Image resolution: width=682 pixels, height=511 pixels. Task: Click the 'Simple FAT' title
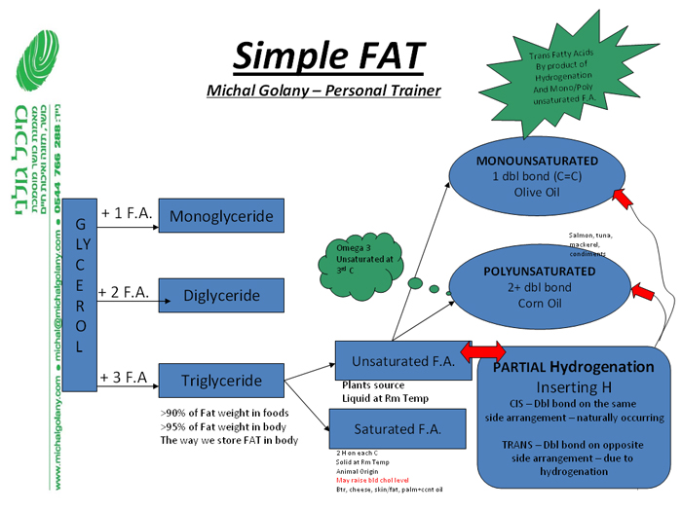coord(329,55)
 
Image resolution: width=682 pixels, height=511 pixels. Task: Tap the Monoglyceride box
coord(221,216)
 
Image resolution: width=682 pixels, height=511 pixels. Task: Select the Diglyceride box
coord(221,296)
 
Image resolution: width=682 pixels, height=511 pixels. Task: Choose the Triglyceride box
coord(221,381)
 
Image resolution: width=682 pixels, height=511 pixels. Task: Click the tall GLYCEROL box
coord(80,280)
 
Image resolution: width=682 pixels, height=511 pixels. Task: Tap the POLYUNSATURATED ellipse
coord(539,287)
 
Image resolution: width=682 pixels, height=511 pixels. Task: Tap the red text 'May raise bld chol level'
coord(374,481)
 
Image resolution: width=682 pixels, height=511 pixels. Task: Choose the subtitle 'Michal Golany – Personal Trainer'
coord(324,91)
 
